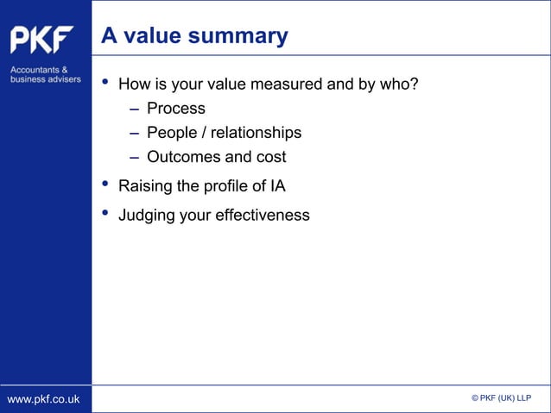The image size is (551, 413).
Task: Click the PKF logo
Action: (41, 41)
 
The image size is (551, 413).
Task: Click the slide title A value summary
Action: (194, 36)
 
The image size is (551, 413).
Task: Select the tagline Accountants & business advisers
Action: (45, 74)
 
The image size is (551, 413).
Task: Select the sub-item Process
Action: (175, 109)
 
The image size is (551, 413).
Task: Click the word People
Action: (170, 133)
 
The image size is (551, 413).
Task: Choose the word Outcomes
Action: (184, 157)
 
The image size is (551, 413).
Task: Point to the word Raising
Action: (144, 186)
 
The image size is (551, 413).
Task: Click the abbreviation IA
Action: (276, 186)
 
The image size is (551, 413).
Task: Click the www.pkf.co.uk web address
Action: (43, 398)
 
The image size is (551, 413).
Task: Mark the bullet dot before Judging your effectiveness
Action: (105, 213)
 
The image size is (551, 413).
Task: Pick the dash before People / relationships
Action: (135, 133)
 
